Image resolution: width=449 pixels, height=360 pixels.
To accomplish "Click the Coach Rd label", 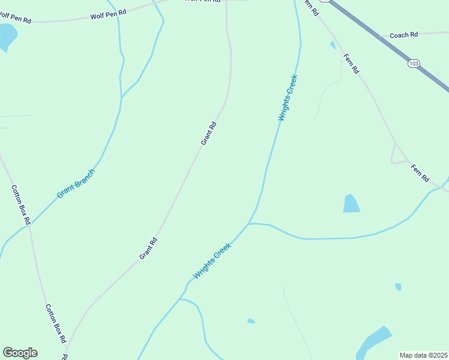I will pos(403,35).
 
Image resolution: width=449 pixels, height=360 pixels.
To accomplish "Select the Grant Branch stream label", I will pos(76,184).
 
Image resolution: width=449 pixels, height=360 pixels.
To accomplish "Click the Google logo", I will pos(20,353).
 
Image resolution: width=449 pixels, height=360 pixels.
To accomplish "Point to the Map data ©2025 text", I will pos(423,355).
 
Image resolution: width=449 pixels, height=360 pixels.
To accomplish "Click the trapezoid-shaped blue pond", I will pos(351,204).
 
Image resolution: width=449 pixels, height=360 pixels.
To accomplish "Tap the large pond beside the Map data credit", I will pos(372,342).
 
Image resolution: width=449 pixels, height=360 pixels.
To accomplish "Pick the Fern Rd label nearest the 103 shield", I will pos(351,64).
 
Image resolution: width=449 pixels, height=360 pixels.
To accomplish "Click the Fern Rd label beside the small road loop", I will pos(420,173).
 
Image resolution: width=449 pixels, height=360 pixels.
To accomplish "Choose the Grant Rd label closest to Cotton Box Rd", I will pos(148,248).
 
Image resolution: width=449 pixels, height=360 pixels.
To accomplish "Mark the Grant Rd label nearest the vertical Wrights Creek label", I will pos(208,133).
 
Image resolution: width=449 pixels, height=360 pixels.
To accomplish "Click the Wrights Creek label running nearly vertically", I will pos(288,97).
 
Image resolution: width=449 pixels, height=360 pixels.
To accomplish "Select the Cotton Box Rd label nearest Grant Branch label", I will pos(20,205).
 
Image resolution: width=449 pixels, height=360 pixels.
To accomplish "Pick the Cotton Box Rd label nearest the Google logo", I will pos(56,323).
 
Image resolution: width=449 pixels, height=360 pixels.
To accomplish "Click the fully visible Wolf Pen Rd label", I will pos(108,14).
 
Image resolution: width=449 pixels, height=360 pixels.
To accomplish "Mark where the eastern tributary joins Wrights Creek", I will pos(249,224).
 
